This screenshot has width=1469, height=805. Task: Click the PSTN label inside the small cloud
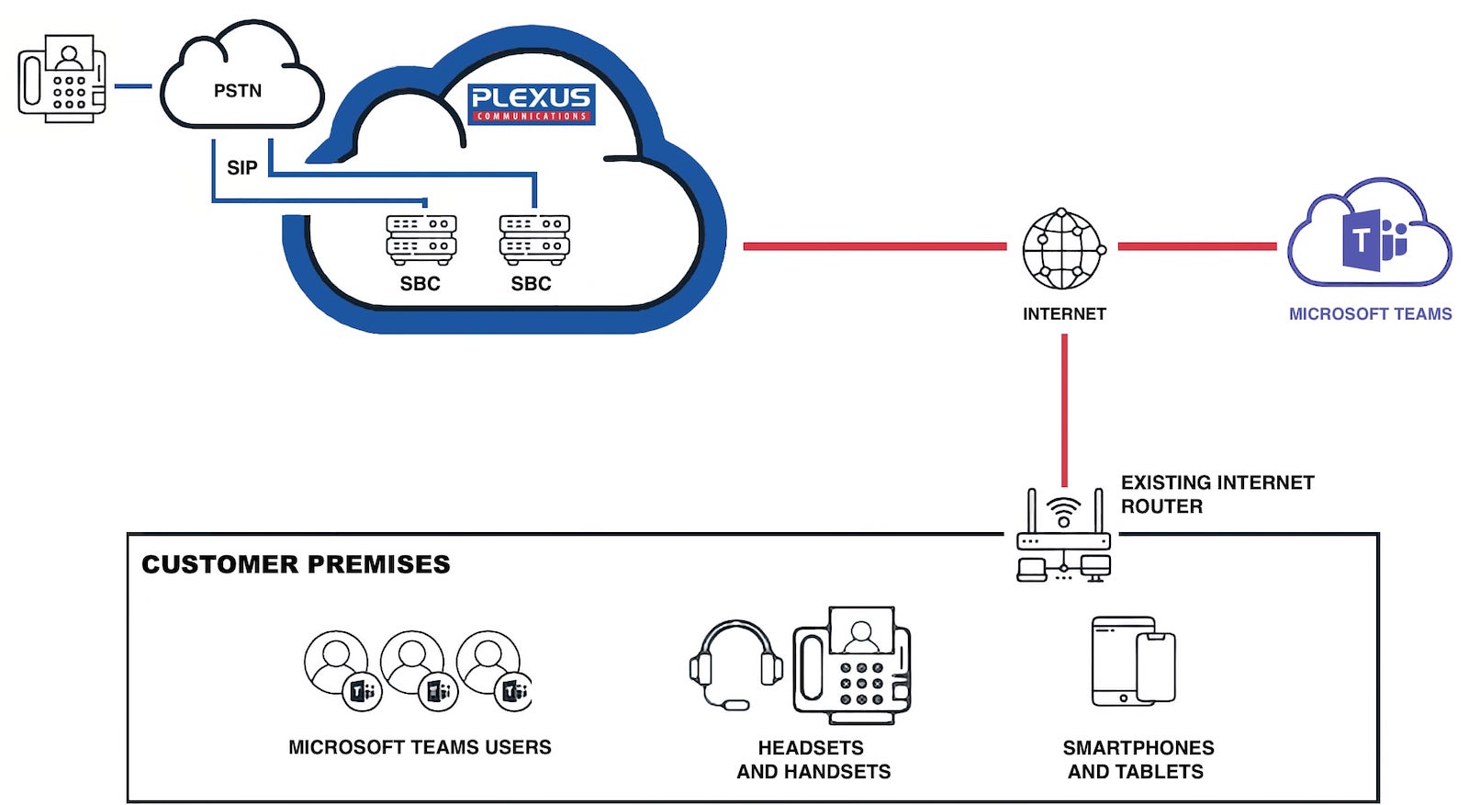coord(238,91)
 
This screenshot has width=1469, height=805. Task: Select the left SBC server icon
coord(421,239)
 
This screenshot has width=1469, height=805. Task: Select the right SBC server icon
coord(533,239)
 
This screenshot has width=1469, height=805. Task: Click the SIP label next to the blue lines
coord(242,168)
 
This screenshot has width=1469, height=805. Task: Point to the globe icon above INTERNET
coord(1063,249)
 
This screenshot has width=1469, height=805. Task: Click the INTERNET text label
coord(1064,314)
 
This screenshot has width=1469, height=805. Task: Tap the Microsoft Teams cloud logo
coord(1369,234)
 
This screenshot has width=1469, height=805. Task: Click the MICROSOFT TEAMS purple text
coord(1370,314)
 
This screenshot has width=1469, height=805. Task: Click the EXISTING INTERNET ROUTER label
coord(1217,494)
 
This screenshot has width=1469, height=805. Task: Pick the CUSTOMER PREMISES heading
coord(296,564)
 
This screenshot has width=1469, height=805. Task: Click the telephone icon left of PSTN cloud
coord(62,79)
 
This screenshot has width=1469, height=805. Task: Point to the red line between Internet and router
coord(1064,409)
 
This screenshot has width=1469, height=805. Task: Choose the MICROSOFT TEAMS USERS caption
coord(420,748)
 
